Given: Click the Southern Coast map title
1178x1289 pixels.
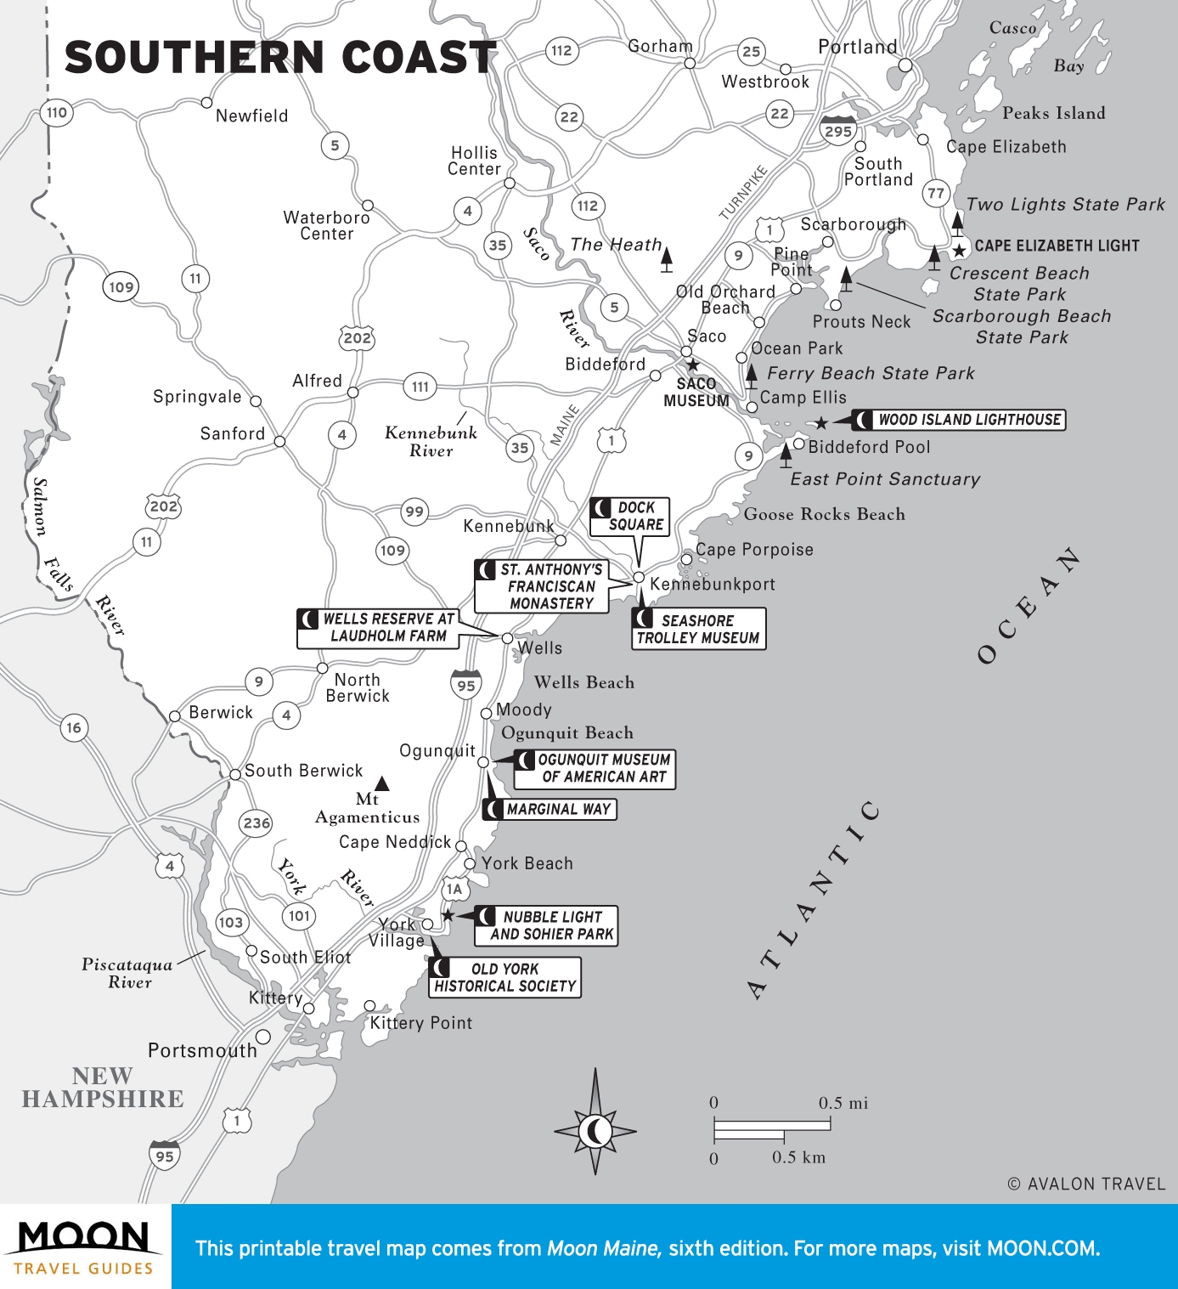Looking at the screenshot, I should coord(280,58).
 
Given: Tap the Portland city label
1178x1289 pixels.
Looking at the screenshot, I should coord(856,47).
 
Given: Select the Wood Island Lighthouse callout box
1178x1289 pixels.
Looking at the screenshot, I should coord(959,420).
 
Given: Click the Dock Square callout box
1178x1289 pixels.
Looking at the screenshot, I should coord(629,516).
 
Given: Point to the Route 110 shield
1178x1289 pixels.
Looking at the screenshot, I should coord(57,112).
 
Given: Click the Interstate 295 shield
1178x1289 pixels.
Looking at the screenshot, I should coord(837,130).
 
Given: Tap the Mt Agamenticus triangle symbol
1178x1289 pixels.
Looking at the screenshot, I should coord(382,783).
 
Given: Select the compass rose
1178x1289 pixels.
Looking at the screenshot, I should coord(595,1130).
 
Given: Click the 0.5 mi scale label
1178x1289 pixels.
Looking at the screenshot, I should coord(843,1103).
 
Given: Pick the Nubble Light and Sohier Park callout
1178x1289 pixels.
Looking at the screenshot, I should coord(546,925).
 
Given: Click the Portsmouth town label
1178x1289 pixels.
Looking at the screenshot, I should coord(202,1050).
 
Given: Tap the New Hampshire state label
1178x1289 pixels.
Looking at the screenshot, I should coord(103,1088).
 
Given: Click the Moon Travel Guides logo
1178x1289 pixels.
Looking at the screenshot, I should coord(84,1247).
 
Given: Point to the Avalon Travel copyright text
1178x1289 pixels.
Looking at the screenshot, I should coord(1086,1184).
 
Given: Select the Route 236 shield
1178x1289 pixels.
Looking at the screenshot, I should coord(256,823).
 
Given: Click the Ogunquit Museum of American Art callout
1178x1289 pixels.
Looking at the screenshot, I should coord(595,768).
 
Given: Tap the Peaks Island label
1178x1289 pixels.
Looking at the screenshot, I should coord(1053,113).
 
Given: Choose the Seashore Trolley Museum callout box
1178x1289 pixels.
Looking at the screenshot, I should coord(698,629).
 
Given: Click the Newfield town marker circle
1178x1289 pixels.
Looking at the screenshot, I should coord(206,103).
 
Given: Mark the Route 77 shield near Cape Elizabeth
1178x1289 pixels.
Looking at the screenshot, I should coord(935,193).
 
